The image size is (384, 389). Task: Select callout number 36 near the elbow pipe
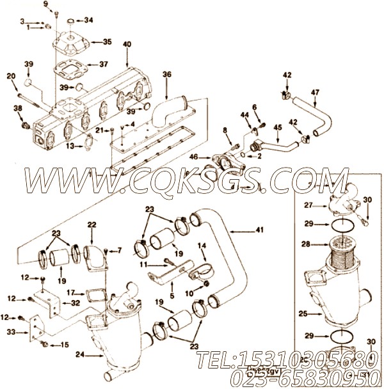[x=167, y=74]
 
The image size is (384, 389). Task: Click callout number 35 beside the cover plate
[x=107, y=42]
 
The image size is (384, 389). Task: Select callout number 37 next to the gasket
[x=103, y=64]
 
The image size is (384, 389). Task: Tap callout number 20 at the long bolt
[x=11, y=76]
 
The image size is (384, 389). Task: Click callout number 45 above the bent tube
[x=277, y=127]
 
